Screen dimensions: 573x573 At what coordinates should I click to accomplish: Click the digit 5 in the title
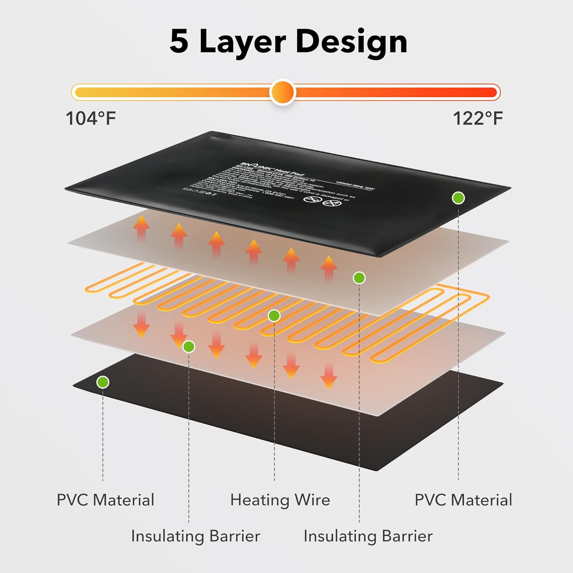(179, 41)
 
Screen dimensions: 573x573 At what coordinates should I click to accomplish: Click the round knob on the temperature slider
(282, 92)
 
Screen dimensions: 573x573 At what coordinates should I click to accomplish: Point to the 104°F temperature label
(91, 118)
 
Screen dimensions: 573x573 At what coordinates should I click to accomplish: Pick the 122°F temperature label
(477, 118)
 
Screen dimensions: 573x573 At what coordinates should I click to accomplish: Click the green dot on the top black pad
(458, 198)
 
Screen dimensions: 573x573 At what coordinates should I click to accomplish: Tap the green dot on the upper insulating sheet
(359, 278)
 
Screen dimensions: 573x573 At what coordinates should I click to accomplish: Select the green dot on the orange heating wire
(274, 316)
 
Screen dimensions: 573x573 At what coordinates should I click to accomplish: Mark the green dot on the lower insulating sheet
(189, 346)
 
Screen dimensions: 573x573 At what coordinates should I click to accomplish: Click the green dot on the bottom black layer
(103, 382)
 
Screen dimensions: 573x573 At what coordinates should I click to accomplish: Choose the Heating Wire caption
(280, 500)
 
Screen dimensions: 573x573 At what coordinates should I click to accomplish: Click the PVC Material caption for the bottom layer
(105, 500)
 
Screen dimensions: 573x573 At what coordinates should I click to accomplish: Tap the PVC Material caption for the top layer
(463, 500)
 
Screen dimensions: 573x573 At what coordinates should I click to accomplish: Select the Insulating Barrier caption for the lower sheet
(196, 536)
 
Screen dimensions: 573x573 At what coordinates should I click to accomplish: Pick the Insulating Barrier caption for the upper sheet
(368, 536)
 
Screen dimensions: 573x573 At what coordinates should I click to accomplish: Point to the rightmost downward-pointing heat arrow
(329, 376)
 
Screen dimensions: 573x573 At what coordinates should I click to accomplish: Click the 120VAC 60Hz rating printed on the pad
(355, 186)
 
